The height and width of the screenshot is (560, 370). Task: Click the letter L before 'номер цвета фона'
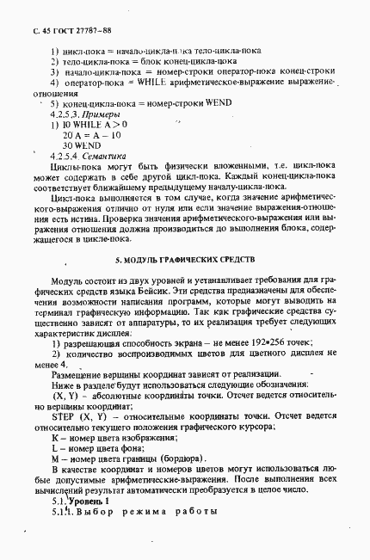(54, 435)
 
